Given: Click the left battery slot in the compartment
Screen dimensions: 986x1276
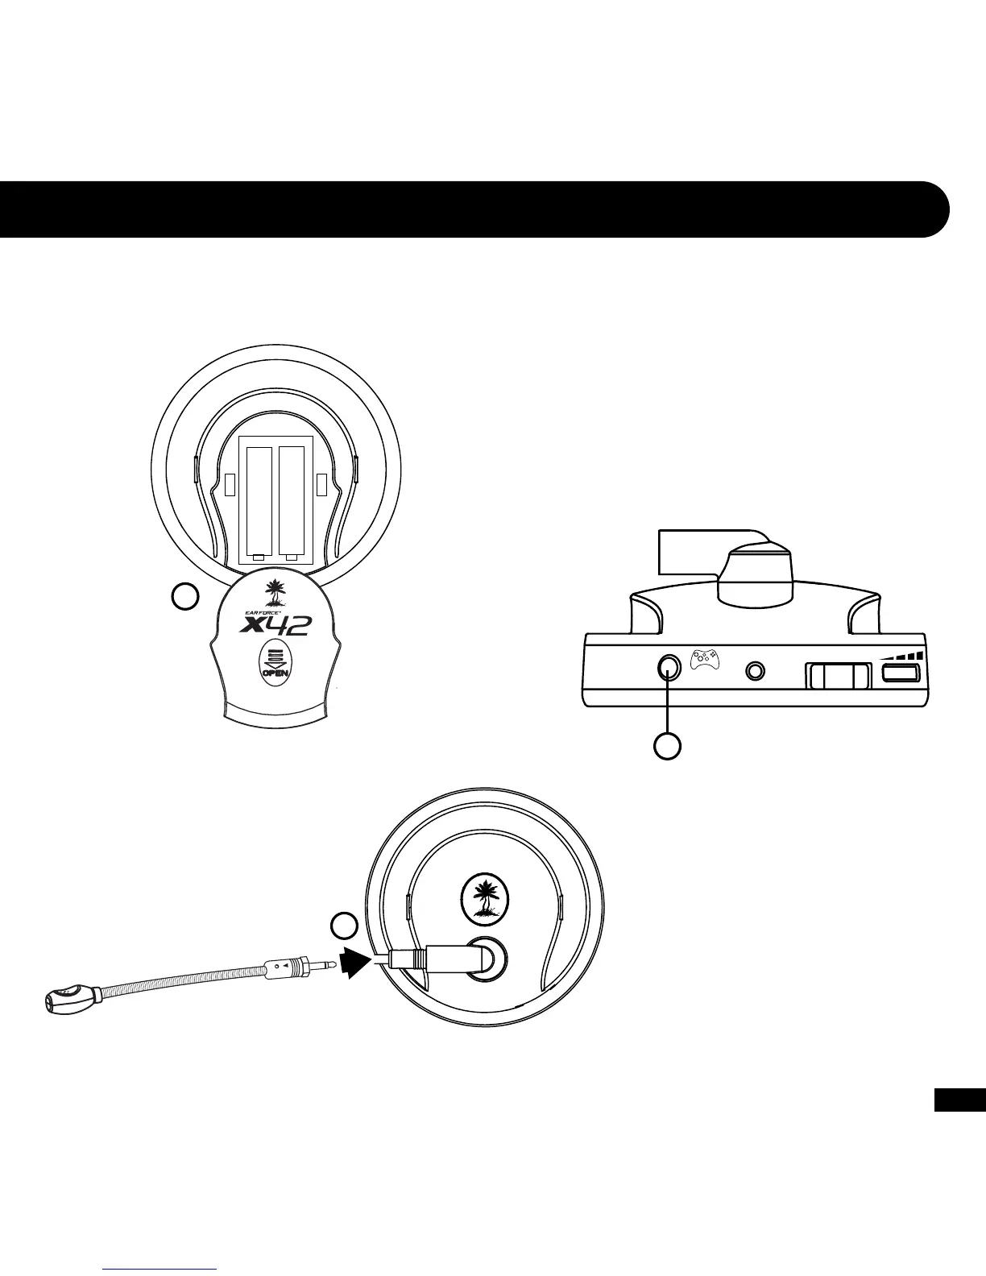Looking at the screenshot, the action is coord(259,500).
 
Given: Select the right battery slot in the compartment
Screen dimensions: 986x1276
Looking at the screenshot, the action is coord(292,500).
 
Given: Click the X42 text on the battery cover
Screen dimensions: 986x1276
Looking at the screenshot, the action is coord(276,624).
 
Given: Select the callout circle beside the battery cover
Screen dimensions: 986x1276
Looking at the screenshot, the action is coord(185,597).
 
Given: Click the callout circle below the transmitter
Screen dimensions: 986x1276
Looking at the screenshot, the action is coord(667,746).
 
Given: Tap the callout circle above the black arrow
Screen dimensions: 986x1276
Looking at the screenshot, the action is coord(346,926).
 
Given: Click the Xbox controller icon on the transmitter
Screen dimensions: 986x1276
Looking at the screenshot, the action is coord(706,659).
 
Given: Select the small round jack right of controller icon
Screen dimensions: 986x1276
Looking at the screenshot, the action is coord(756,670).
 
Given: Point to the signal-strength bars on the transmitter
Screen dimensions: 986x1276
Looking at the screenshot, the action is coord(902,653).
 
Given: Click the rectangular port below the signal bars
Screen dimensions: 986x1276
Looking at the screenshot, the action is coord(901,673).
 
